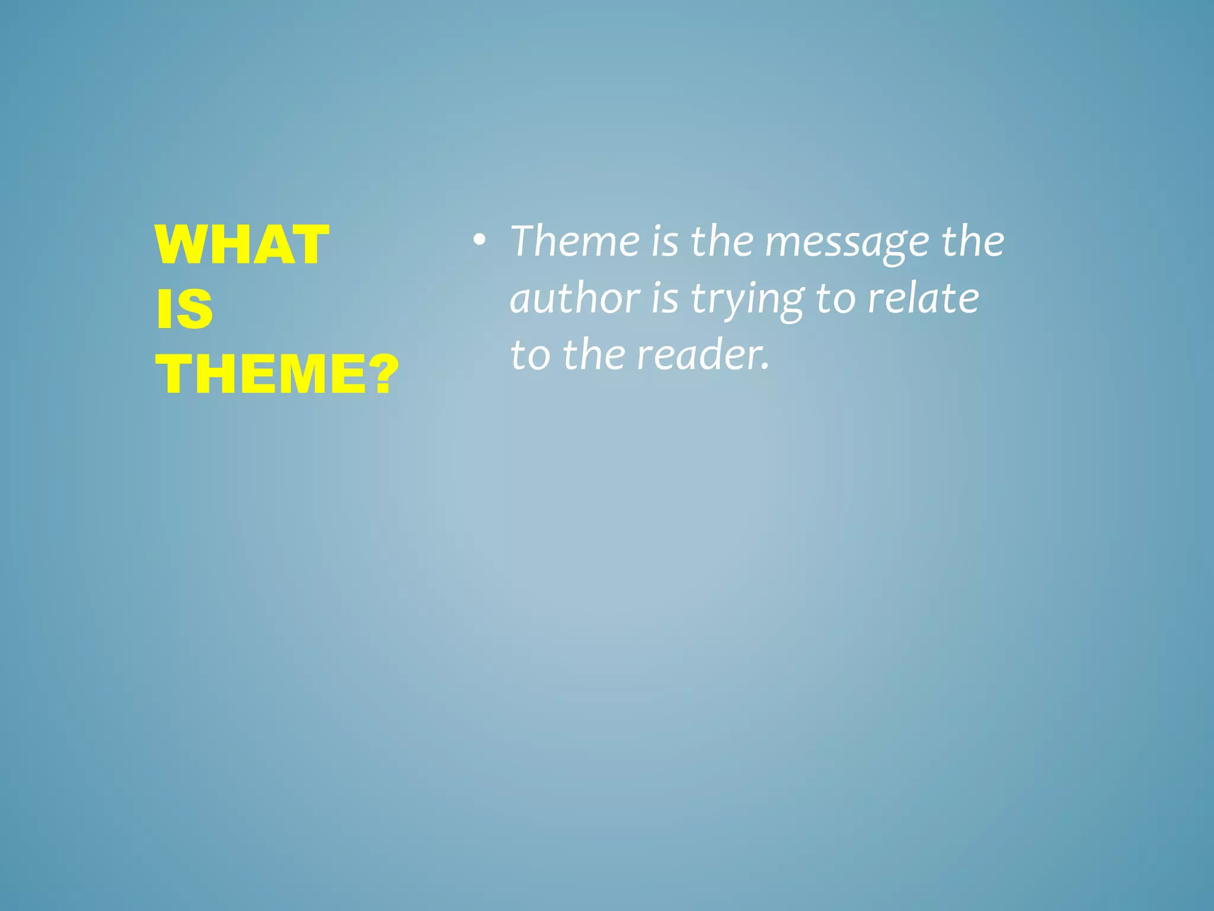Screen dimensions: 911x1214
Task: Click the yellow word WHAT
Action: coord(242,245)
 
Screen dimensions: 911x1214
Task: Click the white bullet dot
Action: coord(479,241)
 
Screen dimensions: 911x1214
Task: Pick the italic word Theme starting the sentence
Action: coord(575,241)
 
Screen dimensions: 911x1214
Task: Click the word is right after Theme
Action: coord(664,241)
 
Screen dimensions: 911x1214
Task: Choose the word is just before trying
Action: coord(664,298)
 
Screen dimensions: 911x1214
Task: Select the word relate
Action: coord(923,298)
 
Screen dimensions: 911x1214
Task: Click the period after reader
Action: coord(765,367)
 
